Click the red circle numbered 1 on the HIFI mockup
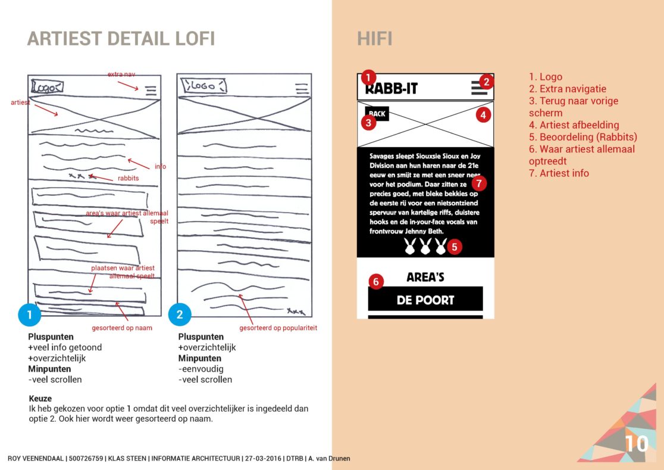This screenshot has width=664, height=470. click(369, 77)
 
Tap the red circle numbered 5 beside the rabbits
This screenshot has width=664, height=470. click(455, 246)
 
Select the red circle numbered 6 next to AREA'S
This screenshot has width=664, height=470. click(375, 281)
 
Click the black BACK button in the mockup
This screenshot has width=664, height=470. click(377, 113)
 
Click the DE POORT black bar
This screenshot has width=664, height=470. click(425, 300)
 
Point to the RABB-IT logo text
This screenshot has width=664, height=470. click(391, 89)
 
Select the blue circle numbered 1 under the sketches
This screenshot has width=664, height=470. click(30, 315)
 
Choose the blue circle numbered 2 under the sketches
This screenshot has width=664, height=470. click(180, 315)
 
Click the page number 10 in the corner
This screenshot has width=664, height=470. click(635, 444)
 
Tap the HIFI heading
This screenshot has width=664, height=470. click(374, 39)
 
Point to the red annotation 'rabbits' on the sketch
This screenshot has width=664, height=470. click(128, 178)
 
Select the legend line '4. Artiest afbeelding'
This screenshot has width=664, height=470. click(574, 125)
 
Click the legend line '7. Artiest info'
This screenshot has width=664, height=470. click(559, 173)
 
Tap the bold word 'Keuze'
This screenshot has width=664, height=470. click(40, 399)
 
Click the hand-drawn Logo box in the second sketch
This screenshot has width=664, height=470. click(203, 86)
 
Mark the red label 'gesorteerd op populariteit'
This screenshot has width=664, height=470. click(278, 328)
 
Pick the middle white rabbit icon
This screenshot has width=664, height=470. click(425, 246)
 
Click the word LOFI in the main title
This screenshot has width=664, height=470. click(188, 39)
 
